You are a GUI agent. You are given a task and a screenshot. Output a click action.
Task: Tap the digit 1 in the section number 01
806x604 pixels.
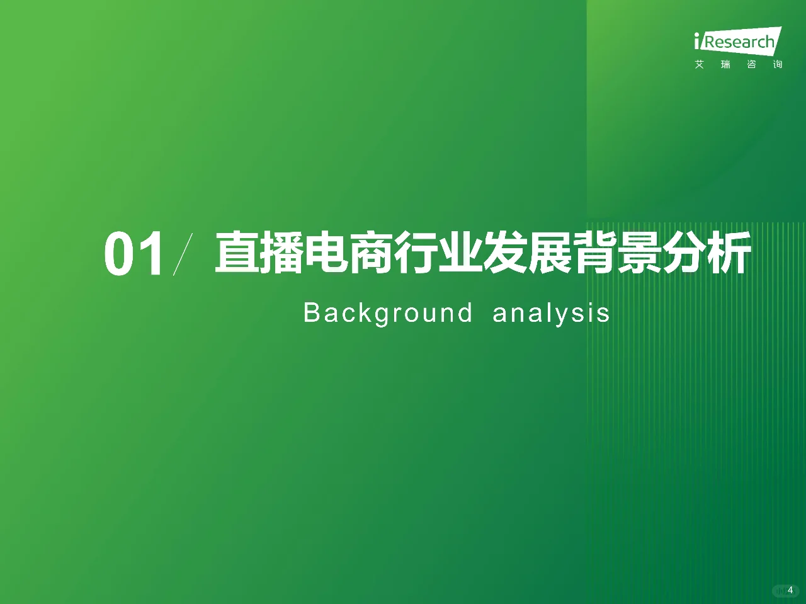pos(153,254)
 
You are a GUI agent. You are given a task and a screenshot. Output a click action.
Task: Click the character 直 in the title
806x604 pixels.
pos(237,253)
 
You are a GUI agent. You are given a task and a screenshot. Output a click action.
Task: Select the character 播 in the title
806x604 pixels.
pos(282,253)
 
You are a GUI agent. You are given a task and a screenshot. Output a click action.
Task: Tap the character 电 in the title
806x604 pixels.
pos(326,253)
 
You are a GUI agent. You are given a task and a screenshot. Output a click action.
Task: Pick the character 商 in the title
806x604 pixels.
pos(371,253)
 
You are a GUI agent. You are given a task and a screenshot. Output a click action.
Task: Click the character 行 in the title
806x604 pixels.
pos(416,253)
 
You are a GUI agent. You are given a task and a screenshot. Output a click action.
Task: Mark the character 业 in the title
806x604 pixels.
pos(460,253)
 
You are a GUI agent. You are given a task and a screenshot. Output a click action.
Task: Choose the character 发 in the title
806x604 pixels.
pos(505,253)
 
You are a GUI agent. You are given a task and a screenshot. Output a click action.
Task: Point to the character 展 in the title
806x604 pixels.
pos(550,253)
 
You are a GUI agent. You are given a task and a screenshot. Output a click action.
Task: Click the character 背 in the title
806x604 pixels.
pos(594,253)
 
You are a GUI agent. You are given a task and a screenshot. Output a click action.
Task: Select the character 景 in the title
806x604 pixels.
pos(639,253)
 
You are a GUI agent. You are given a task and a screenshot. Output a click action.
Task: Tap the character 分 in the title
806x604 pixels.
pos(684,253)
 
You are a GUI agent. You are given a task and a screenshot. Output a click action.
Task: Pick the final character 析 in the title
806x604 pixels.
pos(729,253)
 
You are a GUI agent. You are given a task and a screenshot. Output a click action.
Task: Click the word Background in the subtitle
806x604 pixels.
pos(388,313)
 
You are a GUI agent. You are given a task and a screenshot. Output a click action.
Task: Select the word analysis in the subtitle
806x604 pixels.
pos(551,313)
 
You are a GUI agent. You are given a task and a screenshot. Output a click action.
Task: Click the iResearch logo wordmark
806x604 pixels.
pos(737,42)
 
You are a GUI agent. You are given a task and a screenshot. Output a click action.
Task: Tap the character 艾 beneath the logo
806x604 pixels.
pos(700,64)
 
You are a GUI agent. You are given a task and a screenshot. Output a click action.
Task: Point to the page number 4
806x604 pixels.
pos(790,590)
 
